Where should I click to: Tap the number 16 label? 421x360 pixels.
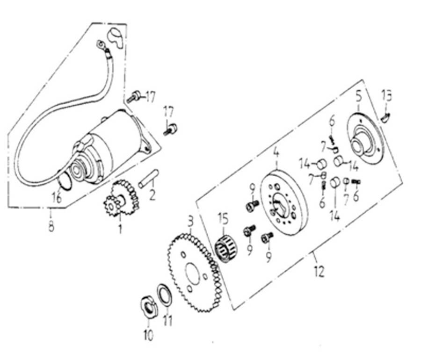57,198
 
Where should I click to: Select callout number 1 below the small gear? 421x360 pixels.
120,229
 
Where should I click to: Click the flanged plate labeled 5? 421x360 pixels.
365,138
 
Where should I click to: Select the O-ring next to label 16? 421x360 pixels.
66,182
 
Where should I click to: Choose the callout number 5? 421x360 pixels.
358,97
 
